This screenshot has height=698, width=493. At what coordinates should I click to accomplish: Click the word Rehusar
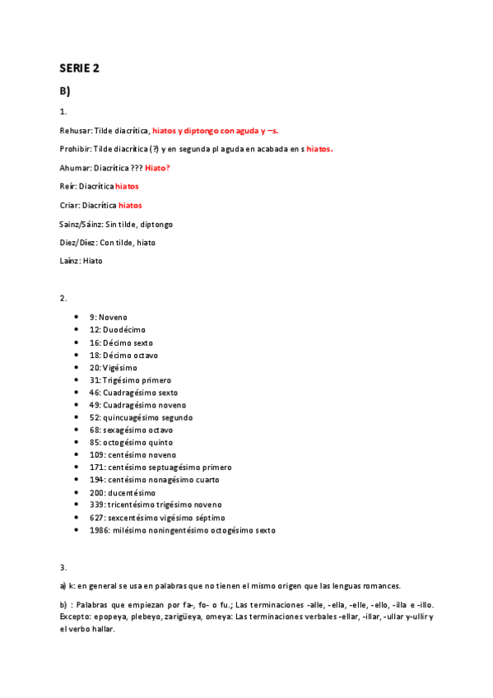76,131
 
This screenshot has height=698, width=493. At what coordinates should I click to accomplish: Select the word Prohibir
76,149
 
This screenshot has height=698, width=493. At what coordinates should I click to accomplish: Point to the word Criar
70,205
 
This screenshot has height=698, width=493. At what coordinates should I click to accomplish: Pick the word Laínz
70,261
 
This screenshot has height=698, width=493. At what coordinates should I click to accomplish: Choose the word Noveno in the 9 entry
113,317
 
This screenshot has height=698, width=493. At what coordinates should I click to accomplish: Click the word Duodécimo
124,329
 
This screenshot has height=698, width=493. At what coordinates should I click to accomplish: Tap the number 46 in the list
95,393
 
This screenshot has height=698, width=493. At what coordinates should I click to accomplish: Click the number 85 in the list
95,442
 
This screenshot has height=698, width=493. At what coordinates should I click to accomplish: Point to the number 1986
99,530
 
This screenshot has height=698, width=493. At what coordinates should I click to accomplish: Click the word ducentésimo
129,492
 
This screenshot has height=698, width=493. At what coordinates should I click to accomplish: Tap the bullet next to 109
77,454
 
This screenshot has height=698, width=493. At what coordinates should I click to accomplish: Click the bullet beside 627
77,517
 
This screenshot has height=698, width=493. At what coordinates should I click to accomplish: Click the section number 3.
63,567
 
